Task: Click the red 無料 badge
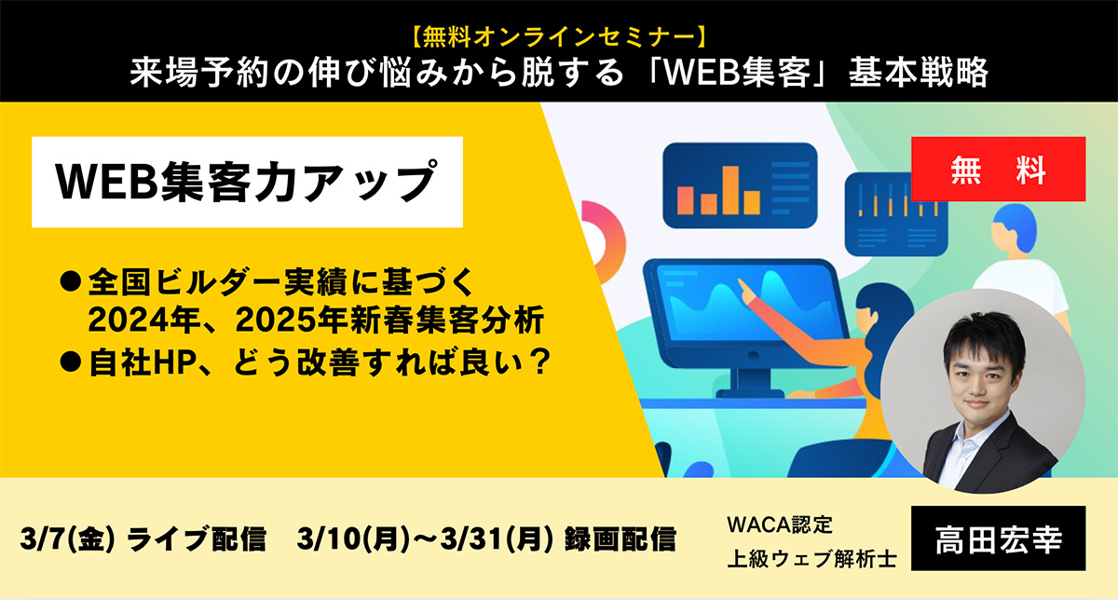(998, 170)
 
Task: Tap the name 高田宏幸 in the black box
(999, 539)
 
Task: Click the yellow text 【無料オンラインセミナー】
(559, 36)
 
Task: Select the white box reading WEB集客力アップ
(247, 183)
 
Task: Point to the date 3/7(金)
(68, 539)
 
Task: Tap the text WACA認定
(780, 525)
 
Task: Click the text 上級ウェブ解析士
(812, 559)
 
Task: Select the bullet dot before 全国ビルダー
(71, 281)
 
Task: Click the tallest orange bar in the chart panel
(730, 190)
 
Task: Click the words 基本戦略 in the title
(919, 73)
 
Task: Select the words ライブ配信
(197, 539)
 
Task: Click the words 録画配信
(620, 539)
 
